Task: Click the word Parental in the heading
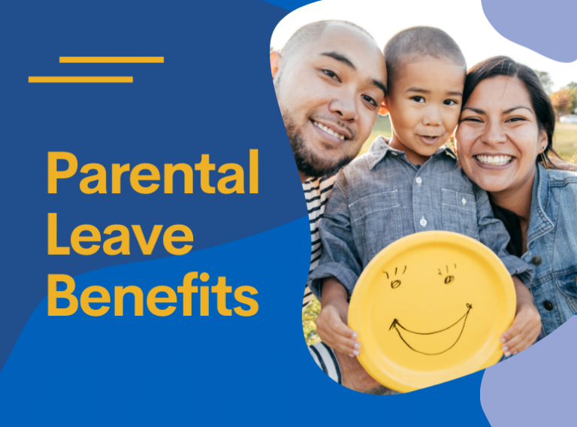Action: point(153,173)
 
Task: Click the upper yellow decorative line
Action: point(111,59)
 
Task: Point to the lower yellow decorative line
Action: point(80,79)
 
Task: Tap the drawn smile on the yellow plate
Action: point(430,331)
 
